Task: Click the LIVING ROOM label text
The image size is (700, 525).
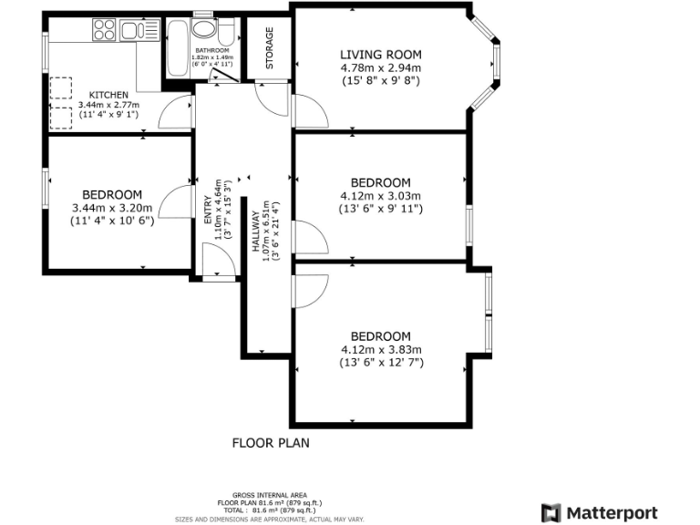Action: click(381, 56)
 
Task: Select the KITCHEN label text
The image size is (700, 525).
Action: click(108, 95)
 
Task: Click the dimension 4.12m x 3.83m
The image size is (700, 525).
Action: click(381, 350)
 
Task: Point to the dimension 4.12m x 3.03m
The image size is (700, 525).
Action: click(381, 196)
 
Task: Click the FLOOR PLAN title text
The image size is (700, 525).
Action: click(271, 444)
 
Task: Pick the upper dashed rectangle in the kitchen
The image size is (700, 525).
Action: click(60, 87)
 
